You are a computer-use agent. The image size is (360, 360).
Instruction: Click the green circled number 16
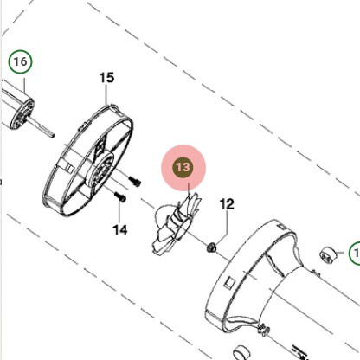tap(20, 61)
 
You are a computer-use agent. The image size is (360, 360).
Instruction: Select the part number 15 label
tap(106, 78)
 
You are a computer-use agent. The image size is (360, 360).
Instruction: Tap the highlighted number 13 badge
tap(183, 167)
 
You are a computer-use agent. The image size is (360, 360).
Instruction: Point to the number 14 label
tap(119, 230)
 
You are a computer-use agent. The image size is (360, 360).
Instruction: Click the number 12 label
tap(227, 204)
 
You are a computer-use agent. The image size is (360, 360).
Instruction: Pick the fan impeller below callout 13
tap(177, 224)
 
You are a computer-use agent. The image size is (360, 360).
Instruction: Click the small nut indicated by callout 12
tap(211, 247)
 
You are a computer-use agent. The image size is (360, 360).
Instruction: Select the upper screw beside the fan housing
tap(134, 181)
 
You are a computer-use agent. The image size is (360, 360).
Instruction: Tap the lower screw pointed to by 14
tap(120, 197)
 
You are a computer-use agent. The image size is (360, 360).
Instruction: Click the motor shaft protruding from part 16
tap(42, 129)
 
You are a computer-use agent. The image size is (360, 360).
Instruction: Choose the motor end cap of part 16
tap(22, 114)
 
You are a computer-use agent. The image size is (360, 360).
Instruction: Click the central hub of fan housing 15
tap(100, 170)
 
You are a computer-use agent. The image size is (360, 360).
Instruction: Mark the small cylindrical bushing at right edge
tap(328, 254)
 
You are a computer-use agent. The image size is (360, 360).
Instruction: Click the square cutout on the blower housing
tap(229, 283)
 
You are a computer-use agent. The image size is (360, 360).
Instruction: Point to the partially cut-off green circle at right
tap(355, 254)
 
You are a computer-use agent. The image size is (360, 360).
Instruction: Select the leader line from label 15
tap(106, 94)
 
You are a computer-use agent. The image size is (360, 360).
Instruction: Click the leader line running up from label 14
tap(119, 212)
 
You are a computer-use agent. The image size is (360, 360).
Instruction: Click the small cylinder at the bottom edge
tap(241, 353)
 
